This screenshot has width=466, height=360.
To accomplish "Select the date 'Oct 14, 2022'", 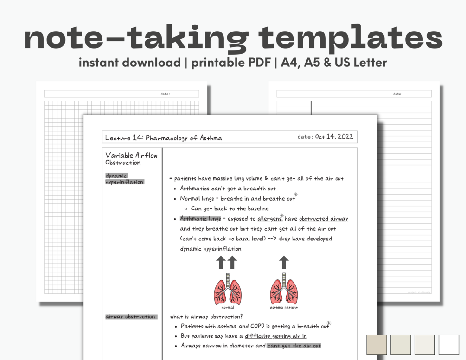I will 334,137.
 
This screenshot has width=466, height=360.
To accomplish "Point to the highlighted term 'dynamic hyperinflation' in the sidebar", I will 124,179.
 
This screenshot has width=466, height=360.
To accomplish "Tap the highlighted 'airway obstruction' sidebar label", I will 130,316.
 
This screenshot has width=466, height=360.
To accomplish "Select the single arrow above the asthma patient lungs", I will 284,263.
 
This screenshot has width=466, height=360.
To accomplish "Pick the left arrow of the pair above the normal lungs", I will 221,263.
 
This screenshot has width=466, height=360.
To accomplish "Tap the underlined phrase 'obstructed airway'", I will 323,219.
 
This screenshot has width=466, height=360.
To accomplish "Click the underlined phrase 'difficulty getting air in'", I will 275,336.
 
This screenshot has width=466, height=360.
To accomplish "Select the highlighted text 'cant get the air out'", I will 294,346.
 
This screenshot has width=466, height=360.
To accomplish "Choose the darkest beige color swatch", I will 377,345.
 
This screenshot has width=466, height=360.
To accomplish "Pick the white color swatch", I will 448,345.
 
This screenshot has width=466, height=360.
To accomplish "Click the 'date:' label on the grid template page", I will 165,94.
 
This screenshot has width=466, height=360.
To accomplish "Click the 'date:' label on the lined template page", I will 397,94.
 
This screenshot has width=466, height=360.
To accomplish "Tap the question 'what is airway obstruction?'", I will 206,316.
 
